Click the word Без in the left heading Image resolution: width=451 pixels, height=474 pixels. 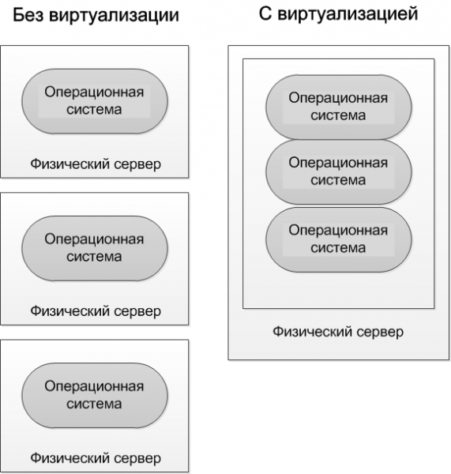(28, 14)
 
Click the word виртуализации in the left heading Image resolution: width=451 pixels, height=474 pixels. (114, 16)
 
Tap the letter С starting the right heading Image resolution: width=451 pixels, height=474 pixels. (265, 14)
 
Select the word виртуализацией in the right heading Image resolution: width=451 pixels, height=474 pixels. (348, 14)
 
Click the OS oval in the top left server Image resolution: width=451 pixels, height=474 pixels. (95, 101)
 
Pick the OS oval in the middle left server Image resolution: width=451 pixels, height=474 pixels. (95, 249)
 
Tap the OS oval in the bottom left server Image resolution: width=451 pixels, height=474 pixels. (95, 396)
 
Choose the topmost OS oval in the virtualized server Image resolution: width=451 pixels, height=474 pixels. (339, 107)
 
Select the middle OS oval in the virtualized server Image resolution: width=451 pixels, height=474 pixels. (339, 171)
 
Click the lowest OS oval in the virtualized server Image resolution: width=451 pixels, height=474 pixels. (339, 239)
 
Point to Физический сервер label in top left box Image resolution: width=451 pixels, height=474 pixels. (96, 164)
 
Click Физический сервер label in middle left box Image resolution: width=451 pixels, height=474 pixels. (96, 311)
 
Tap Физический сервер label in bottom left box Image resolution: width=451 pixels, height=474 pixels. (96, 458)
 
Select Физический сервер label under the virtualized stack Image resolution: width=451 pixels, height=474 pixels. (338, 332)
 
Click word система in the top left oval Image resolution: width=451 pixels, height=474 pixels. (94, 110)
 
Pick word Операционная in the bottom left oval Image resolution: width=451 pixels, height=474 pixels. (94, 386)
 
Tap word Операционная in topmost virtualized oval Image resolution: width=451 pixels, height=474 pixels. (338, 98)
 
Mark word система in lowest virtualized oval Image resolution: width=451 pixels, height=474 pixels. (338, 248)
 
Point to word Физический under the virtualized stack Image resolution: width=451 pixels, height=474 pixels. (312, 332)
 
